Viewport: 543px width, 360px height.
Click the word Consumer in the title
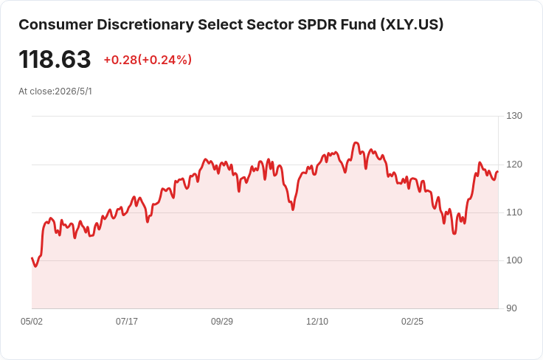(x=56, y=25)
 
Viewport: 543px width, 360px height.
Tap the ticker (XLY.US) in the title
(x=412, y=25)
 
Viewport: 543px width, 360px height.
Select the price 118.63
(x=55, y=59)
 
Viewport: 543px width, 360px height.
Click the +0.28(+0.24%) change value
(x=148, y=60)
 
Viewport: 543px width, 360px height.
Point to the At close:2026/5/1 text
(x=55, y=91)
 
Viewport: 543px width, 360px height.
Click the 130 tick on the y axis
(x=514, y=116)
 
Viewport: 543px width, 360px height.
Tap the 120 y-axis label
(x=514, y=165)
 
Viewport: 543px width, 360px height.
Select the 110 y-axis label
(x=514, y=212)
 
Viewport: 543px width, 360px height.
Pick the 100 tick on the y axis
(x=514, y=260)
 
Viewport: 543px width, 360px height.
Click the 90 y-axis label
(x=511, y=308)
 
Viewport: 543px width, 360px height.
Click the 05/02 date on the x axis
(x=32, y=322)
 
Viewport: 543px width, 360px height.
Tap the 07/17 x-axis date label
(x=127, y=322)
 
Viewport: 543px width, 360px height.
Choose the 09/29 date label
(x=222, y=322)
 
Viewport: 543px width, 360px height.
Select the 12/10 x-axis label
(x=317, y=322)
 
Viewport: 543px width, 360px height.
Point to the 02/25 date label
(x=412, y=322)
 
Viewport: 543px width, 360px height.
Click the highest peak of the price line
(x=356, y=142)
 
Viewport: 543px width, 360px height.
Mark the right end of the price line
(x=498, y=172)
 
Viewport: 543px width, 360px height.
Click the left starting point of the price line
(x=32, y=258)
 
